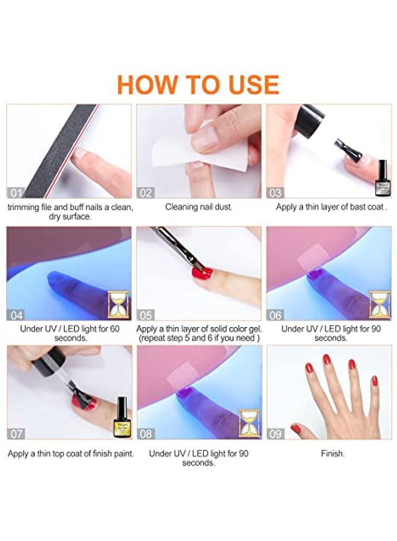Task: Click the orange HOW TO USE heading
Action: coord(198,84)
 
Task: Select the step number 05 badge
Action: coord(146,315)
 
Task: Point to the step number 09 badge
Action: coord(275,434)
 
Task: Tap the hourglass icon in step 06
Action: coord(379,305)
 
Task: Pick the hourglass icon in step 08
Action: coord(249,424)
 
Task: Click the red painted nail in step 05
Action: coord(203,274)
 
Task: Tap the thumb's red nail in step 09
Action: coord(296,428)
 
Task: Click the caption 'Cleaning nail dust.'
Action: coord(199,207)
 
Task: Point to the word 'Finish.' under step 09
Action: coord(333,453)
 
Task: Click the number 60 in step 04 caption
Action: coord(115,329)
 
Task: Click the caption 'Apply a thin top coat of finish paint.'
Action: coord(70,454)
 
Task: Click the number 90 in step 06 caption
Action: coord(376,329)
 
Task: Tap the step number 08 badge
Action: coord(146,434)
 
